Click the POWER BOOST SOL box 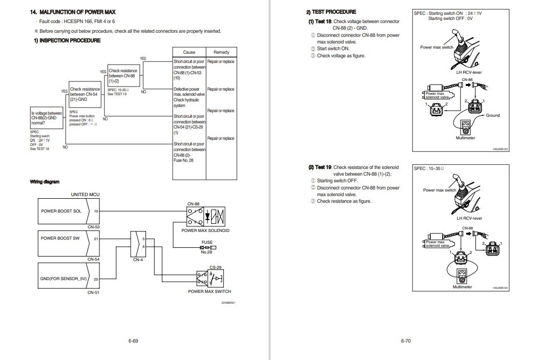[x=64, y=211]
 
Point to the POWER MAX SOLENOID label [x=205, y=230]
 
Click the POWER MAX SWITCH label [x=210, y=291]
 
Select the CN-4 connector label [x=138, y=260]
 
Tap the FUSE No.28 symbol [x=206, y=248]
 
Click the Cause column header [x=189, y=52]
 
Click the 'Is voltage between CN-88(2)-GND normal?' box [x=47, y=119]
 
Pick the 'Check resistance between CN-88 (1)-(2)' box [x=123, y=75]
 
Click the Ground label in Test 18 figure [x=492, y=115]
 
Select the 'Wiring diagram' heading [x=44, y=181]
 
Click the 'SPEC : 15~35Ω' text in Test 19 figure [x=428, y=168]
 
